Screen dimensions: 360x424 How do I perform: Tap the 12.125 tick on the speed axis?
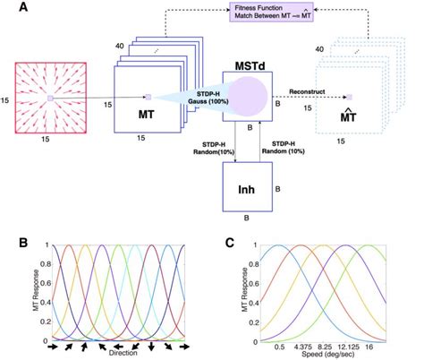363,343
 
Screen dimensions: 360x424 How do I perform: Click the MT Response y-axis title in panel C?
241,291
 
